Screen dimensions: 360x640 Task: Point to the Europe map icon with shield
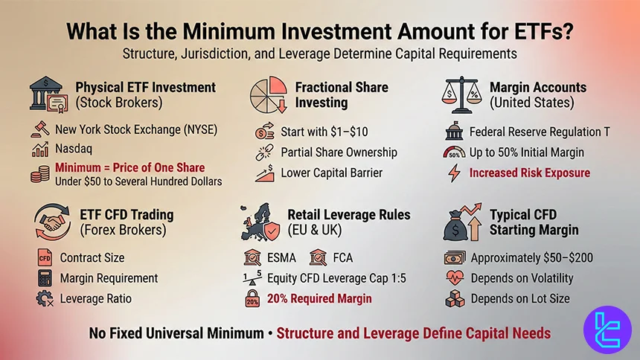pos(263,222)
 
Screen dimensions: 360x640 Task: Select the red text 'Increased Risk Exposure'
pos(529,173)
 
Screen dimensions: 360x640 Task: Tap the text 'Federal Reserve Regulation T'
pos(540,132)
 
